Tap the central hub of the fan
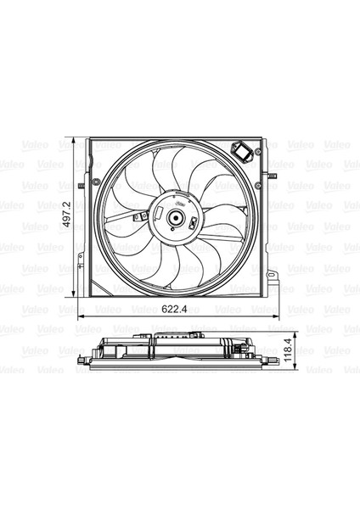176,220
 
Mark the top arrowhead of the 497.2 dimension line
75,138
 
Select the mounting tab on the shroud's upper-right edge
273,171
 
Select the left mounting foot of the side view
82,367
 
